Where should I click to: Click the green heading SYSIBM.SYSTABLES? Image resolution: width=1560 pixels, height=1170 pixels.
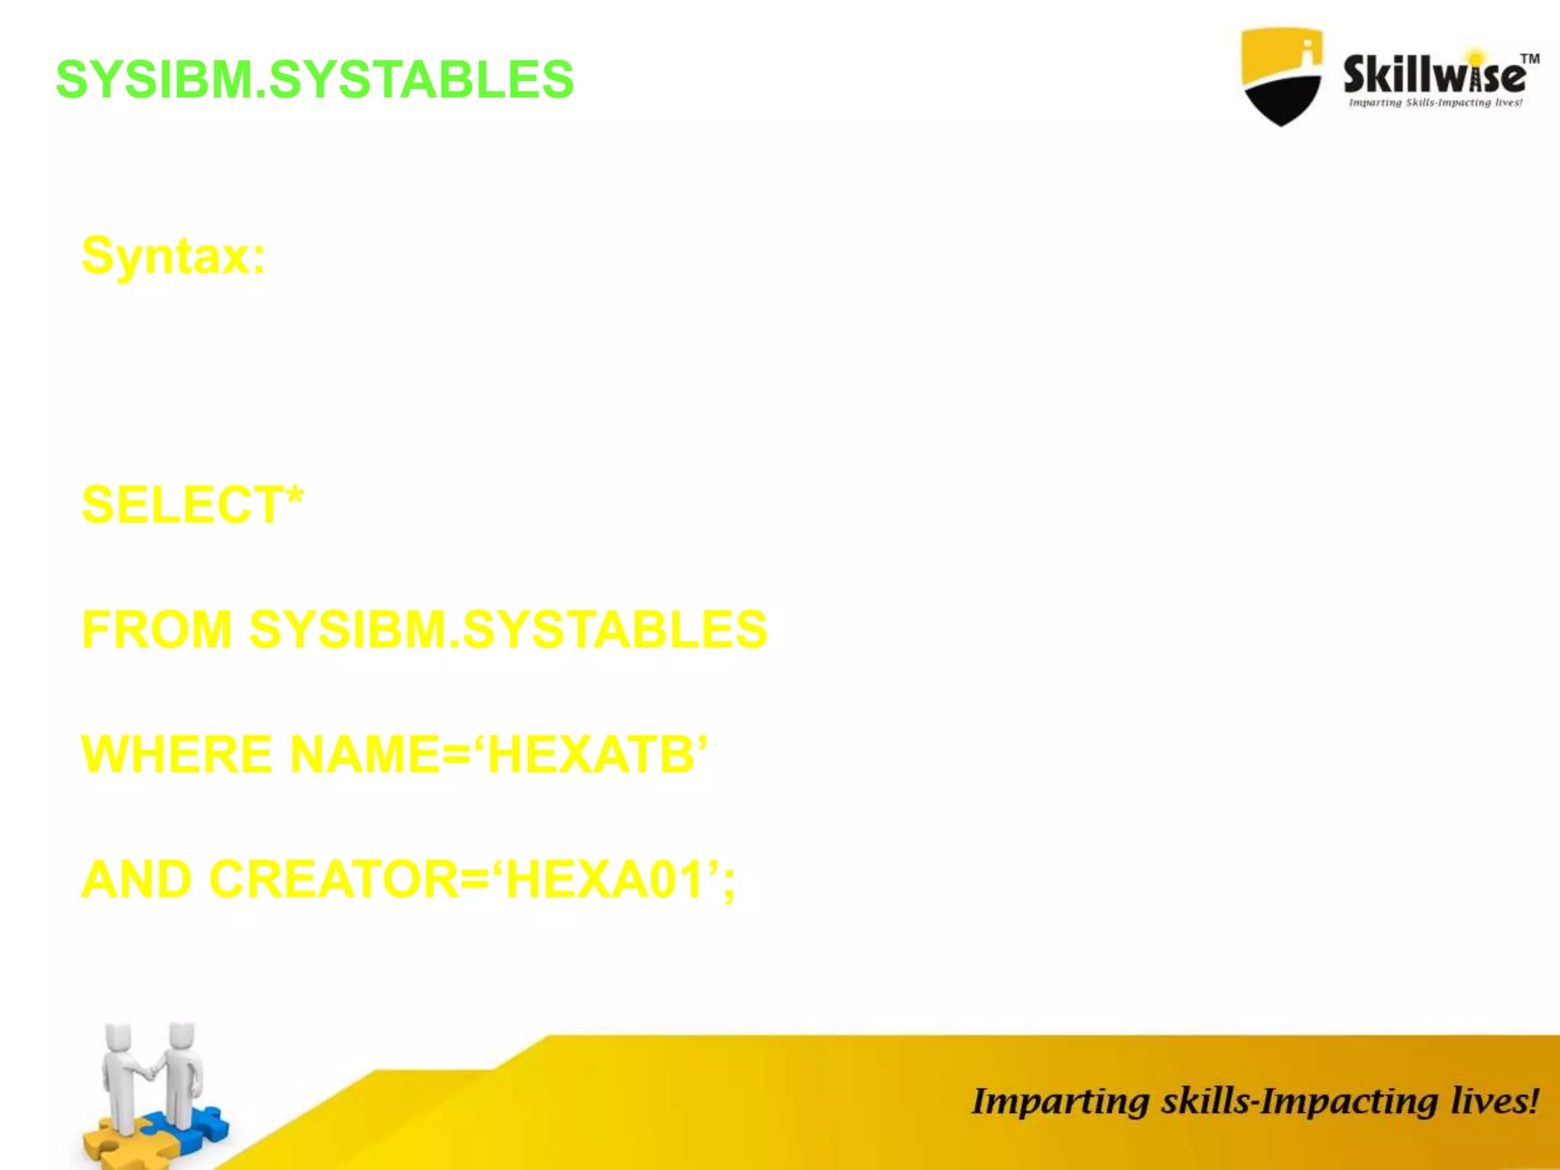(x=315, y=79)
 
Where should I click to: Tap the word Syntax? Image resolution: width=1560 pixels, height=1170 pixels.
(x=174, y=256)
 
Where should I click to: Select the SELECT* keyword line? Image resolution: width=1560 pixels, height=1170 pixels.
(x=193, y=504)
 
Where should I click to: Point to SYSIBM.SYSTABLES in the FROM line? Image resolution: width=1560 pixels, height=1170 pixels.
(x=508, y=630)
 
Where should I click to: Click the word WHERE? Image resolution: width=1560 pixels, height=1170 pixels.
(x=177, y=755)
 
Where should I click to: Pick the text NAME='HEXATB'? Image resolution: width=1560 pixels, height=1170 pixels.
(x=499, y=755)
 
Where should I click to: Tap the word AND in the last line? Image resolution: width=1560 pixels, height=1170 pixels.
(x=136, y=880)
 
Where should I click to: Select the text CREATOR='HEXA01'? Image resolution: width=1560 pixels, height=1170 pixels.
(x=472, y=880)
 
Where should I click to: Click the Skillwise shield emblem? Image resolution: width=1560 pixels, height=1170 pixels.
(x=1281, y=76)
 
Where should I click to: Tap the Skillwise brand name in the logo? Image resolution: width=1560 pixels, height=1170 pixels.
(x=1434, y=75)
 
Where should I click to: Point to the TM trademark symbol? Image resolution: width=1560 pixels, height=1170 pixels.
(x=1530, y=59)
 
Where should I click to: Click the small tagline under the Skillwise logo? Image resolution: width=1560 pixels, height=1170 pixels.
(x=1435, y=103)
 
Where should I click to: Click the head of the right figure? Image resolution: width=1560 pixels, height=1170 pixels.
(x=181, y=1036)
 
